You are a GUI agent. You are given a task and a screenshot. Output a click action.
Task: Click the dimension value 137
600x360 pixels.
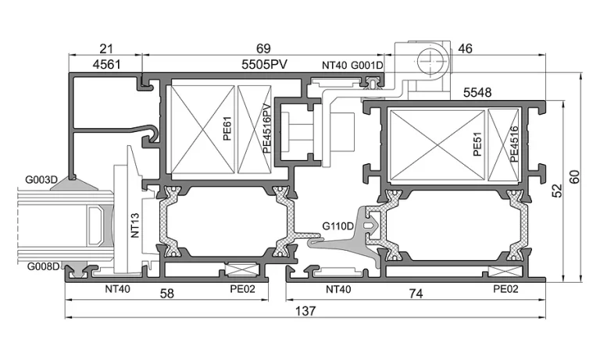coord(305,311)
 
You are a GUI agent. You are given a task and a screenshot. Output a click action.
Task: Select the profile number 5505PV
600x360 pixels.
coord(264,64)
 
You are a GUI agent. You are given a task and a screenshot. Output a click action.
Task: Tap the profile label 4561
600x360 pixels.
coord(106,64)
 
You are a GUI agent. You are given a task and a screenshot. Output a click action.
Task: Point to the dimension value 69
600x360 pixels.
coord(263,48)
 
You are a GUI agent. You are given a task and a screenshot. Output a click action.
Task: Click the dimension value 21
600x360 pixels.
coord(106,48)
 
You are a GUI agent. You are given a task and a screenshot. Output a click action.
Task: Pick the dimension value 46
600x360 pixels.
coord(465,48)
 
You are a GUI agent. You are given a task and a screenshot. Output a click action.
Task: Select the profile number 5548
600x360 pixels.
coord(477,92)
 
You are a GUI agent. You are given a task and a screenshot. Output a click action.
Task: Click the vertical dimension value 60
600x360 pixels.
coord(574,176)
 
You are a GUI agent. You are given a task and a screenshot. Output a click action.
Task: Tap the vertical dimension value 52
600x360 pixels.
coord(557,191)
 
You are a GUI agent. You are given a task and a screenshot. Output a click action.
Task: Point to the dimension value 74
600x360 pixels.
coord(416,294)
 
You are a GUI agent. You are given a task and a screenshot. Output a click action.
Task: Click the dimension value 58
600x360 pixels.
coord(167,294)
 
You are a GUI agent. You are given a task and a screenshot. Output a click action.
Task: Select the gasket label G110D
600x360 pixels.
coord(337,226)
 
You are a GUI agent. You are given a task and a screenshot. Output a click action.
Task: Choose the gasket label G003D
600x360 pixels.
coord(41,179)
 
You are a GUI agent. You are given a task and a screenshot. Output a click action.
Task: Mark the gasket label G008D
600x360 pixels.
coord(43,266)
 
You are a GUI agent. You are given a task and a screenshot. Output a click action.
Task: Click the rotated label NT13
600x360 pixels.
coord(135,226)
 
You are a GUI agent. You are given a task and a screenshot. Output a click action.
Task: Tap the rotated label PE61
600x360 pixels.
coord(227,129)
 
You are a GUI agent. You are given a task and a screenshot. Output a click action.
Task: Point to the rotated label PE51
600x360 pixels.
coord(477,144)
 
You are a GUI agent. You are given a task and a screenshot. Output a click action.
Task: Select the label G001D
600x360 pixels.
coord(367,66)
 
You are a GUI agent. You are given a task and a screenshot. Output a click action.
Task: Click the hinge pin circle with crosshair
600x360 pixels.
coord(432,61)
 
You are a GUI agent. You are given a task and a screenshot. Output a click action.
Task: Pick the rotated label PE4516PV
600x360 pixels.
coord(266,129)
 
